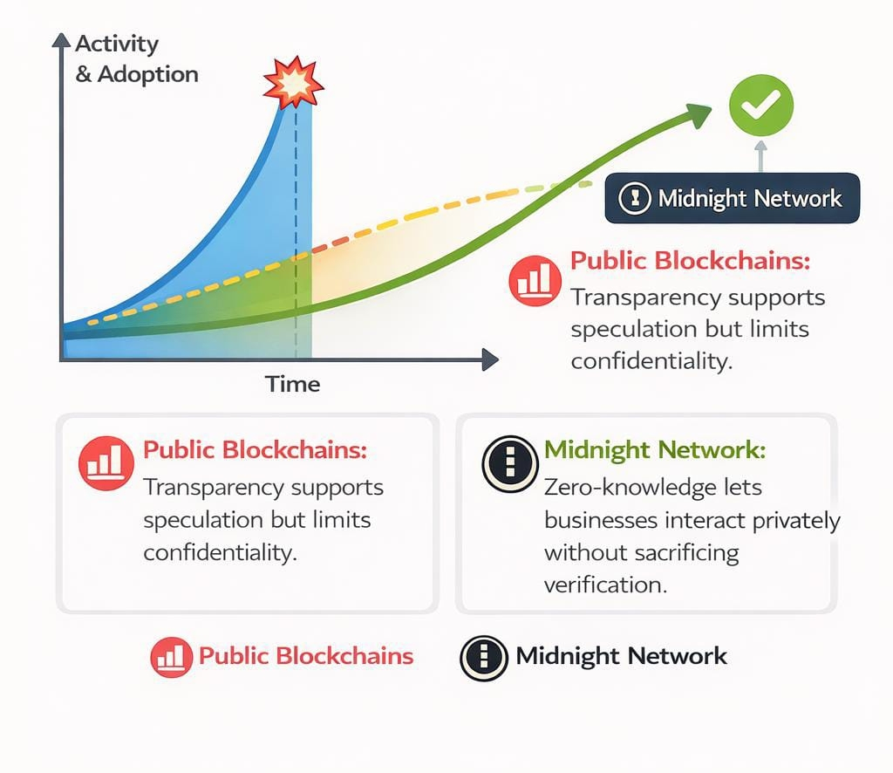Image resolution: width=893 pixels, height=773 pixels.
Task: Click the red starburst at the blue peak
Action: [x=293, y=83]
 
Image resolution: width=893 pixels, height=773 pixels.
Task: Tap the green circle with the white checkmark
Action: [x=760, y=105]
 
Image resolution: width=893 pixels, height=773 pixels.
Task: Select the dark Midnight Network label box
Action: [x=732, y=198]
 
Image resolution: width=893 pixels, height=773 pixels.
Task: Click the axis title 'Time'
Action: [x=293, y=384]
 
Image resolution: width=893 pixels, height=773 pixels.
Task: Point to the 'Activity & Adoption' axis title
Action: [x=136, y=58]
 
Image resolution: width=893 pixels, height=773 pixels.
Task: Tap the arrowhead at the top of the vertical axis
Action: [x=61, y=40]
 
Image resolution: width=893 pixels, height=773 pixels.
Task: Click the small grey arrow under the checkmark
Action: [x=760, y=154]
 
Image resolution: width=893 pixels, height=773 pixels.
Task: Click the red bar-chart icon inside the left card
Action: [x=105, y=462]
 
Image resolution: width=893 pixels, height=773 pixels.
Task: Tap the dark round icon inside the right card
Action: [x=508, y=462]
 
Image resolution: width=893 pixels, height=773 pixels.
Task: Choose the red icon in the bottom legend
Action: [x=171, y=657]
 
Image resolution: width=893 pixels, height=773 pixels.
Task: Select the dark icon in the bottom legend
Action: [x=484, y=657]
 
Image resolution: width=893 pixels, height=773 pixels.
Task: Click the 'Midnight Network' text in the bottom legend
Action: [x=621, y=656]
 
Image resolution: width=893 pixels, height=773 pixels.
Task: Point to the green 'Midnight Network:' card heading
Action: [x=655, y=451]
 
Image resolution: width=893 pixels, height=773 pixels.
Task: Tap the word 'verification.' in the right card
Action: [x=605, y=585]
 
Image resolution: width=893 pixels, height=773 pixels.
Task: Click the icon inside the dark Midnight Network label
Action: [x=634, y=199]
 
